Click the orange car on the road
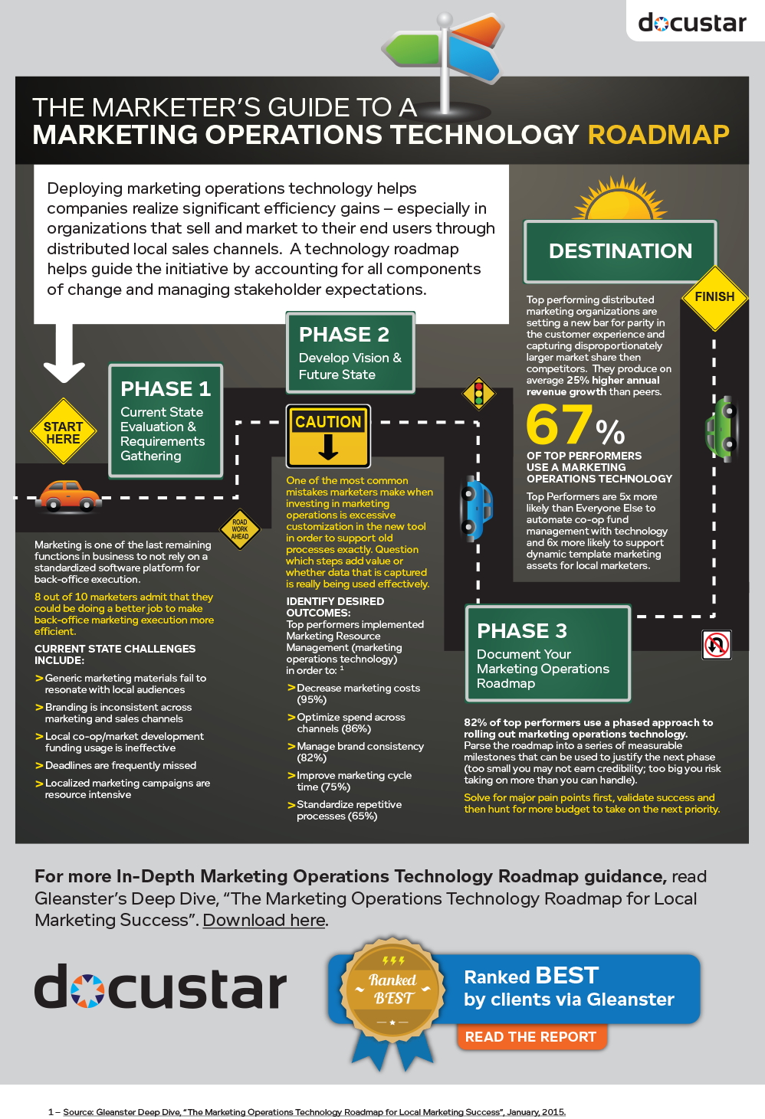[68, 496]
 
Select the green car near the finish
[721, 429]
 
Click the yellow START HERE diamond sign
[63, 431]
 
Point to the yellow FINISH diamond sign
[714, 298]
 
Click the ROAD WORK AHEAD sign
[240, 529]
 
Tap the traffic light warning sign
[479, 394]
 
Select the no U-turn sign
[717, 644]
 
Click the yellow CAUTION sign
[328, 436]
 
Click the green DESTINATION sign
[620, 251]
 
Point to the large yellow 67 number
[560, 424]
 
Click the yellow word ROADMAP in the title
[658, 135]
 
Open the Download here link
[264, 920]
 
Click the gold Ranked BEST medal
[392, 991]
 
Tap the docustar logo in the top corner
[692, 23]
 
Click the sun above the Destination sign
[620, 198]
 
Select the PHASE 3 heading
[522, 631]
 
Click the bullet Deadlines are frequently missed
[120, 765]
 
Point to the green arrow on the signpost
[411, 49]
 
